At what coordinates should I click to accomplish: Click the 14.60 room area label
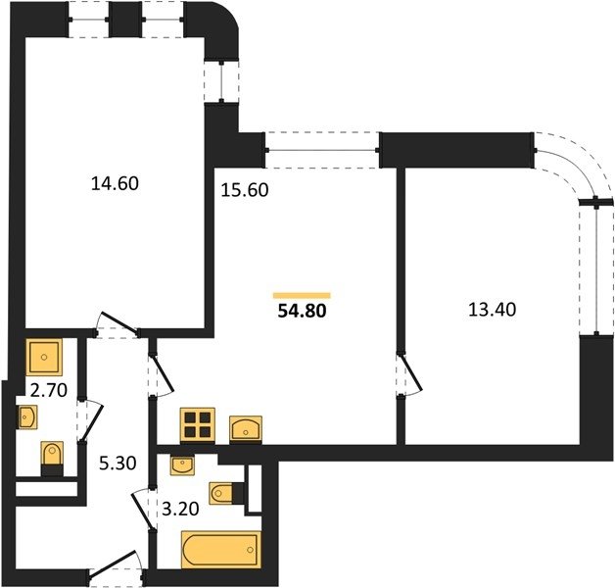[115, 183]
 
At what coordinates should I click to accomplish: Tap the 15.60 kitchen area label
[245, 190]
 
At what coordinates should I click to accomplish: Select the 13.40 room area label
[493, 310]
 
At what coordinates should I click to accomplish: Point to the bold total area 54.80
[302, 311]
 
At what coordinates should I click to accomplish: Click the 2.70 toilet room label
[49, 391]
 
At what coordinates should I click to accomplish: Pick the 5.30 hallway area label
[118, 464]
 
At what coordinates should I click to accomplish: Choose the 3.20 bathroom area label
[180, 509]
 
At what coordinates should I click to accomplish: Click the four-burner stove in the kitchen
[197, 425]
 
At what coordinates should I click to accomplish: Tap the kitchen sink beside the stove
[246, 429]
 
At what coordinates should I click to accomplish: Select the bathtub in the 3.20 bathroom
[221, 550]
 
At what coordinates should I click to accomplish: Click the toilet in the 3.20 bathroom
[226, 493]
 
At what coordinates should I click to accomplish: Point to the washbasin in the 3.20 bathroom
[182, 465]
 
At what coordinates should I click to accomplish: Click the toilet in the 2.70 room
[52, 458]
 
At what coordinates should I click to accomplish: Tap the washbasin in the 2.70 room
[27, 416]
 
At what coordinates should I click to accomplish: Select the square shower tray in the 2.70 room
[44, 357]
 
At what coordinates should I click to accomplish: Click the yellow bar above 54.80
[302, 296]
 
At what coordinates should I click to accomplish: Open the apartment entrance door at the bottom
[115, 565]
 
